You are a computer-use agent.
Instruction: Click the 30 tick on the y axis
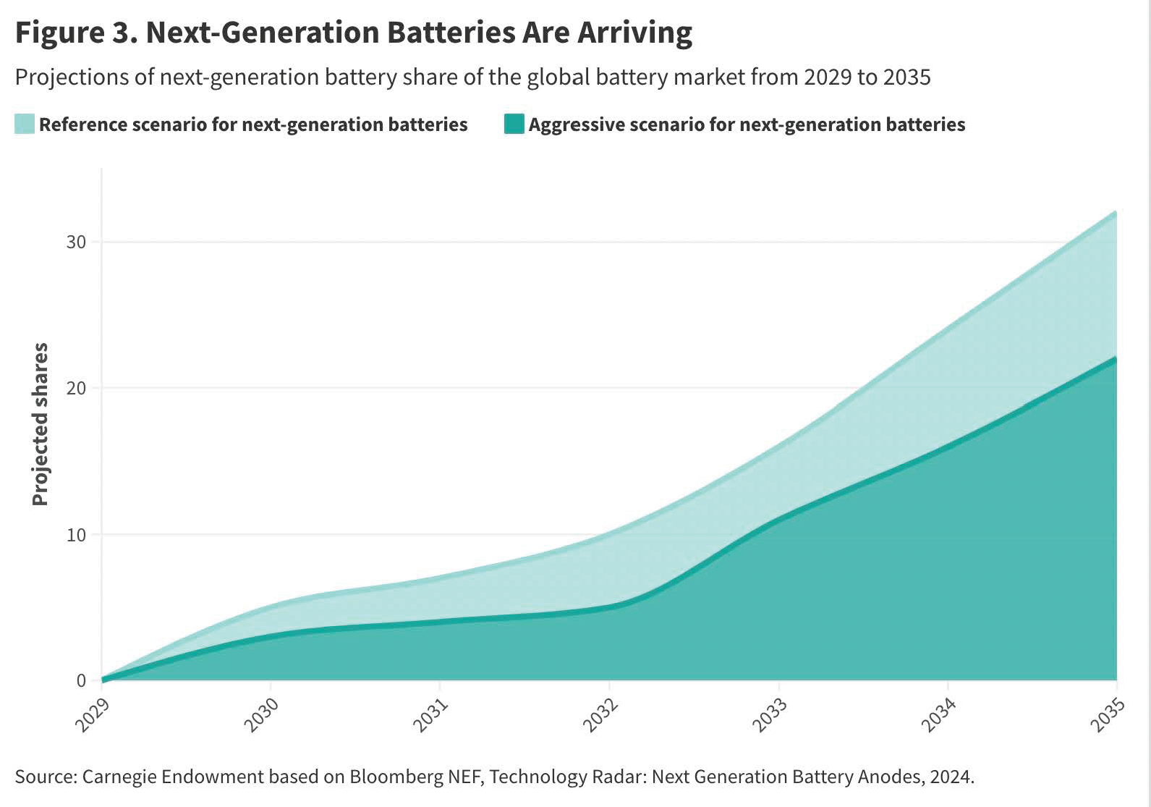76,242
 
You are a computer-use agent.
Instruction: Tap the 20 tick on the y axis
76,389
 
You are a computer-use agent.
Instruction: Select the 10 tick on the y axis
76,535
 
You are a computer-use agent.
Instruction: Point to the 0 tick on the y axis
81,681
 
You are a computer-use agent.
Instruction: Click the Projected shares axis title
41,425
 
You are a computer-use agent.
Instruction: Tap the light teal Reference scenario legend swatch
24,124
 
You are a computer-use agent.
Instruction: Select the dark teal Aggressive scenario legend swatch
514,124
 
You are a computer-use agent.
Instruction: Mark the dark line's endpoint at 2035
1116,359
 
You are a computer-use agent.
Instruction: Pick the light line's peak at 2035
1116,213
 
